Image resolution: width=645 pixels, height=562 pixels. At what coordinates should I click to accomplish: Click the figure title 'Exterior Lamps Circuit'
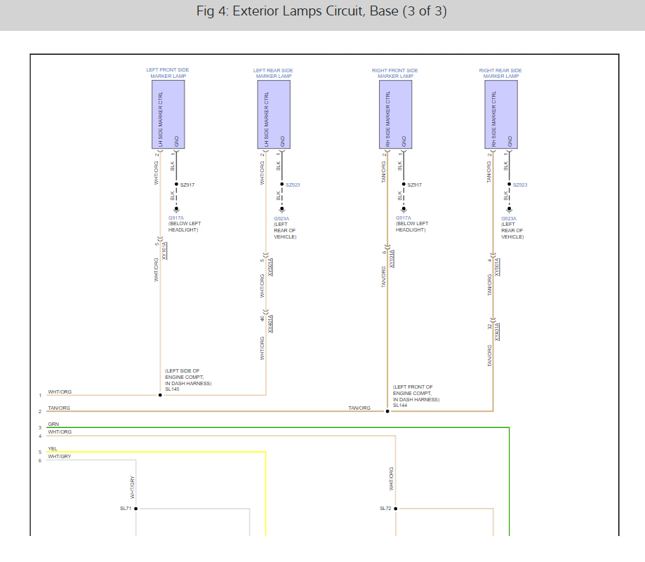[x=322, y=12]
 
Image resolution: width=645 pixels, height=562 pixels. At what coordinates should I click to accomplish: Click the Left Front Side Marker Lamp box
[x=168, y=114]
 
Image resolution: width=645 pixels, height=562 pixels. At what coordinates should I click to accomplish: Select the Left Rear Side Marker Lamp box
[x=274, y=114]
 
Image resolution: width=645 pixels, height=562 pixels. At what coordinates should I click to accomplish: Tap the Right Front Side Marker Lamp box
[x=396, y=114]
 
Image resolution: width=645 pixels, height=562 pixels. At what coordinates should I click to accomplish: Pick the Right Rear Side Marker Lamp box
[x=501, y=114]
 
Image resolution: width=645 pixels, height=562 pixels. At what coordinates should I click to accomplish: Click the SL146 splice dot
[x=160, y=395]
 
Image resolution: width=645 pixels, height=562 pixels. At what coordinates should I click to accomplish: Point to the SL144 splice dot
[x=387, y=411]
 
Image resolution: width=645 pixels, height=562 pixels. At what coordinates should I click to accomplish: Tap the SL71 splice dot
[x=135, y=509]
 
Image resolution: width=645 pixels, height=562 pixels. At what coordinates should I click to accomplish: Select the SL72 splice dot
[x=396, y=509]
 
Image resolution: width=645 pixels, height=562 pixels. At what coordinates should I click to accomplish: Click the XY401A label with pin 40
[x=271, y=323]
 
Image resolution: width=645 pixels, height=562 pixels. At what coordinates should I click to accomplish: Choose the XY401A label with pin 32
[x=497, y=331]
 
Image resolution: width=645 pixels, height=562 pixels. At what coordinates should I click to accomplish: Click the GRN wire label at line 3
[x=53, y=424]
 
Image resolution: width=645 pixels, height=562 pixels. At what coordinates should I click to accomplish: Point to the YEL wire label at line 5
[x=53, y=449]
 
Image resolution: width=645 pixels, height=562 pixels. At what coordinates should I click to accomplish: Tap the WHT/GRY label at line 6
[x=59, y=457]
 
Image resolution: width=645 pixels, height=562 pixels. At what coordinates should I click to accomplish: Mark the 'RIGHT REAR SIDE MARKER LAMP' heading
[x=500, y=73]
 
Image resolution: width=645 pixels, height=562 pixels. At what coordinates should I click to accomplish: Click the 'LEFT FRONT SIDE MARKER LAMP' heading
[x=168, y=73]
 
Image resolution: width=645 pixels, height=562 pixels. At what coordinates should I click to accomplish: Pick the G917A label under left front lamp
[x=175, y=218]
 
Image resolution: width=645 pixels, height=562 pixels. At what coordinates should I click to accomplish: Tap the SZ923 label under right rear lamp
[x=520, y=185]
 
